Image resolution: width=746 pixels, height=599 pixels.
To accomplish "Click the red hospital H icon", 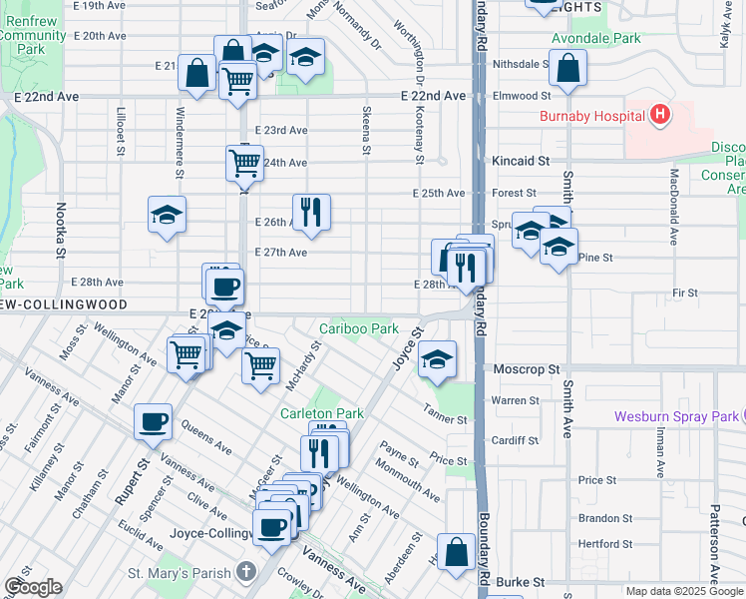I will pyautogui.click(x=659, y=116).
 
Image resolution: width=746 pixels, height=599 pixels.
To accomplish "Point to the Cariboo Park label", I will pyautogui.click(x=358, y=328).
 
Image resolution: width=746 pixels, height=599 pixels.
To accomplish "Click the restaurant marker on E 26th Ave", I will pyautogui.click(x=311, y=212).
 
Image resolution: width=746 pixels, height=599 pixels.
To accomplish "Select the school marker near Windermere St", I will pyautogui.click(x=168, y=214).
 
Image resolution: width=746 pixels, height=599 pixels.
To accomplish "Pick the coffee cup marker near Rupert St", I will pyautogui.click(x=154, y=421).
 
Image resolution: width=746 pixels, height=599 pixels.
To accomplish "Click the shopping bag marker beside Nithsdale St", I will pyautogui.click(x=567, y=68).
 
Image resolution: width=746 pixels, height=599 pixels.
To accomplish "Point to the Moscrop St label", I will pyautogui.click(x=526, y=369).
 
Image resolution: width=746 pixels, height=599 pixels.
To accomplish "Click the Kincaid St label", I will pyautogui.click(x=521, y=160).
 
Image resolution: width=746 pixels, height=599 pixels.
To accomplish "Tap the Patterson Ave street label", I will pyautogui.click(x=716, y=549).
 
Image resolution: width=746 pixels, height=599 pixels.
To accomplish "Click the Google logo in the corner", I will pyautogui.click(x=33, y=587).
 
